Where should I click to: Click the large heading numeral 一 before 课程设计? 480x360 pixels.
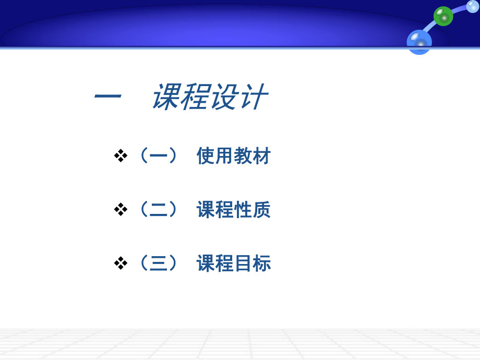[x=108, y=97]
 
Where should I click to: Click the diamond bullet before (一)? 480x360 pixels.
[x=121, y=155]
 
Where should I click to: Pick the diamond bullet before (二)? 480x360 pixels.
[x=121, y=210]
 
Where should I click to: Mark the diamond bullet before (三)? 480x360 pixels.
[x=121, y=263]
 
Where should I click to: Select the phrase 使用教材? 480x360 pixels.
[x=233, y=155]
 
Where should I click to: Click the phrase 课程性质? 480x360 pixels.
[x=233, y=210]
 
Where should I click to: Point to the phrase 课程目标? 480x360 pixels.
[x=233, y=263]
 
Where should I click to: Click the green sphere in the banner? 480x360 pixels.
[x=443, y=16]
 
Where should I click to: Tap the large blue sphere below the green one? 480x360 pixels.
[x=419, y=41]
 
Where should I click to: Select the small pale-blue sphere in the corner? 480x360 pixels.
[x=473, y=6]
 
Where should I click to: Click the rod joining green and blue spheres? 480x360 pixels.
[x=431, y=28]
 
